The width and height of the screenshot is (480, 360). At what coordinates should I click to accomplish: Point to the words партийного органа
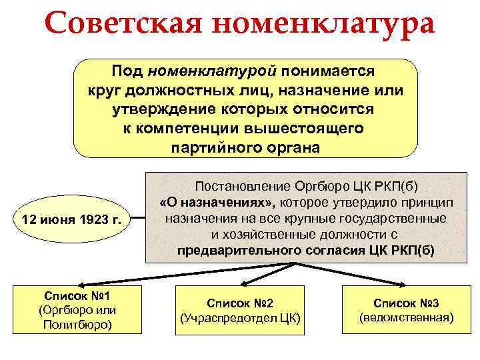[245, 147]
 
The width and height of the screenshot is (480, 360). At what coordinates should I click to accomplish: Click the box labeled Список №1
[76, 309]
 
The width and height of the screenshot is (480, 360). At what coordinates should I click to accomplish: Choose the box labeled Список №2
[241, 309]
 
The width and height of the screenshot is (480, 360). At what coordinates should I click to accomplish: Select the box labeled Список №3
[407, 309]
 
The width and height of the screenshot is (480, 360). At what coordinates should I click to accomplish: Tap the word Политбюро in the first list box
[76, 325]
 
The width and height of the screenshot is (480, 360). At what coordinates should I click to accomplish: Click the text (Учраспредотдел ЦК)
[241, 318]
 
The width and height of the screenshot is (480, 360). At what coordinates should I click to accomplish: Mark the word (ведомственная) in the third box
[407, 318]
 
